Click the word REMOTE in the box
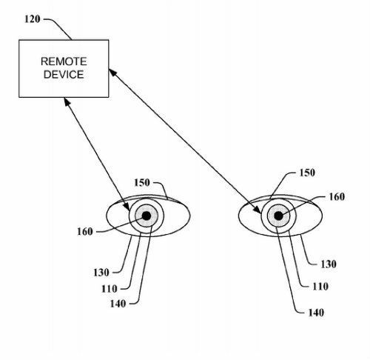[x=64, y=61]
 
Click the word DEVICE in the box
[x=64, y=75]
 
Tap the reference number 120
[x=32, y=19]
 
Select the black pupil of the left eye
[x=147, y=216]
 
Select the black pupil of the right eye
[x=278, y=216]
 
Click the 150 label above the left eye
[x=142, y=183]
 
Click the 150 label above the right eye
[x=307, y=173]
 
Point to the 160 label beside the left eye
[x=85, y=232]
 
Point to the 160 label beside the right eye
[x=337, y=196]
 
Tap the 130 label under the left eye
[x=101, y=273]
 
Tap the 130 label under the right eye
[x=329, y=264]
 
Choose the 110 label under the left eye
[x=110, y=289]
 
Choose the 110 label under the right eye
[x=320, y=287]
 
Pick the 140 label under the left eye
[x=118, y=304]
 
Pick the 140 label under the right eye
[x=316, y=313]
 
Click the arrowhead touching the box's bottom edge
[x=67, y=102]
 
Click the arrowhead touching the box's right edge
[x=112, y=73]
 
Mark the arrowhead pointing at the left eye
[x=127, y=206]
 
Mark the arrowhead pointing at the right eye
[x=258, y=210]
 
